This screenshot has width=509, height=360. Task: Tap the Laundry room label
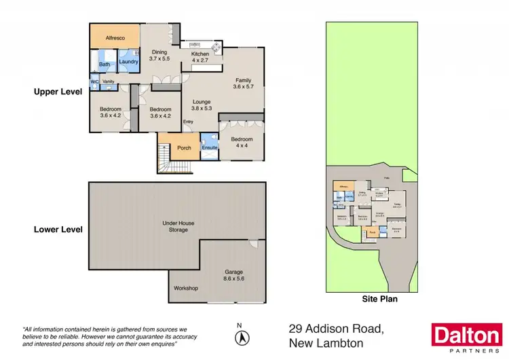[128, 62]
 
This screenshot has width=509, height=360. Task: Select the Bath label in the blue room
[105, 65]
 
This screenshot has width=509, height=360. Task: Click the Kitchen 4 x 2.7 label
[202, 58]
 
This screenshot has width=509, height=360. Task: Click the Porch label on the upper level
[183, 148]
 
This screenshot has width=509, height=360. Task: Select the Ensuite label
[210, 146]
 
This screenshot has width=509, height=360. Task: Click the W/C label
[94, 82]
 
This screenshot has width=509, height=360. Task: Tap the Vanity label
[109, 82]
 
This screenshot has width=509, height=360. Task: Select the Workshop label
[185, 289]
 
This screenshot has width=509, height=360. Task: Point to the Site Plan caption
[379, 298]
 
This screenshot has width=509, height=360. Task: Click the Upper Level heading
[58, 90]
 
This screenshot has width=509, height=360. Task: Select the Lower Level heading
[58, 230]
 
